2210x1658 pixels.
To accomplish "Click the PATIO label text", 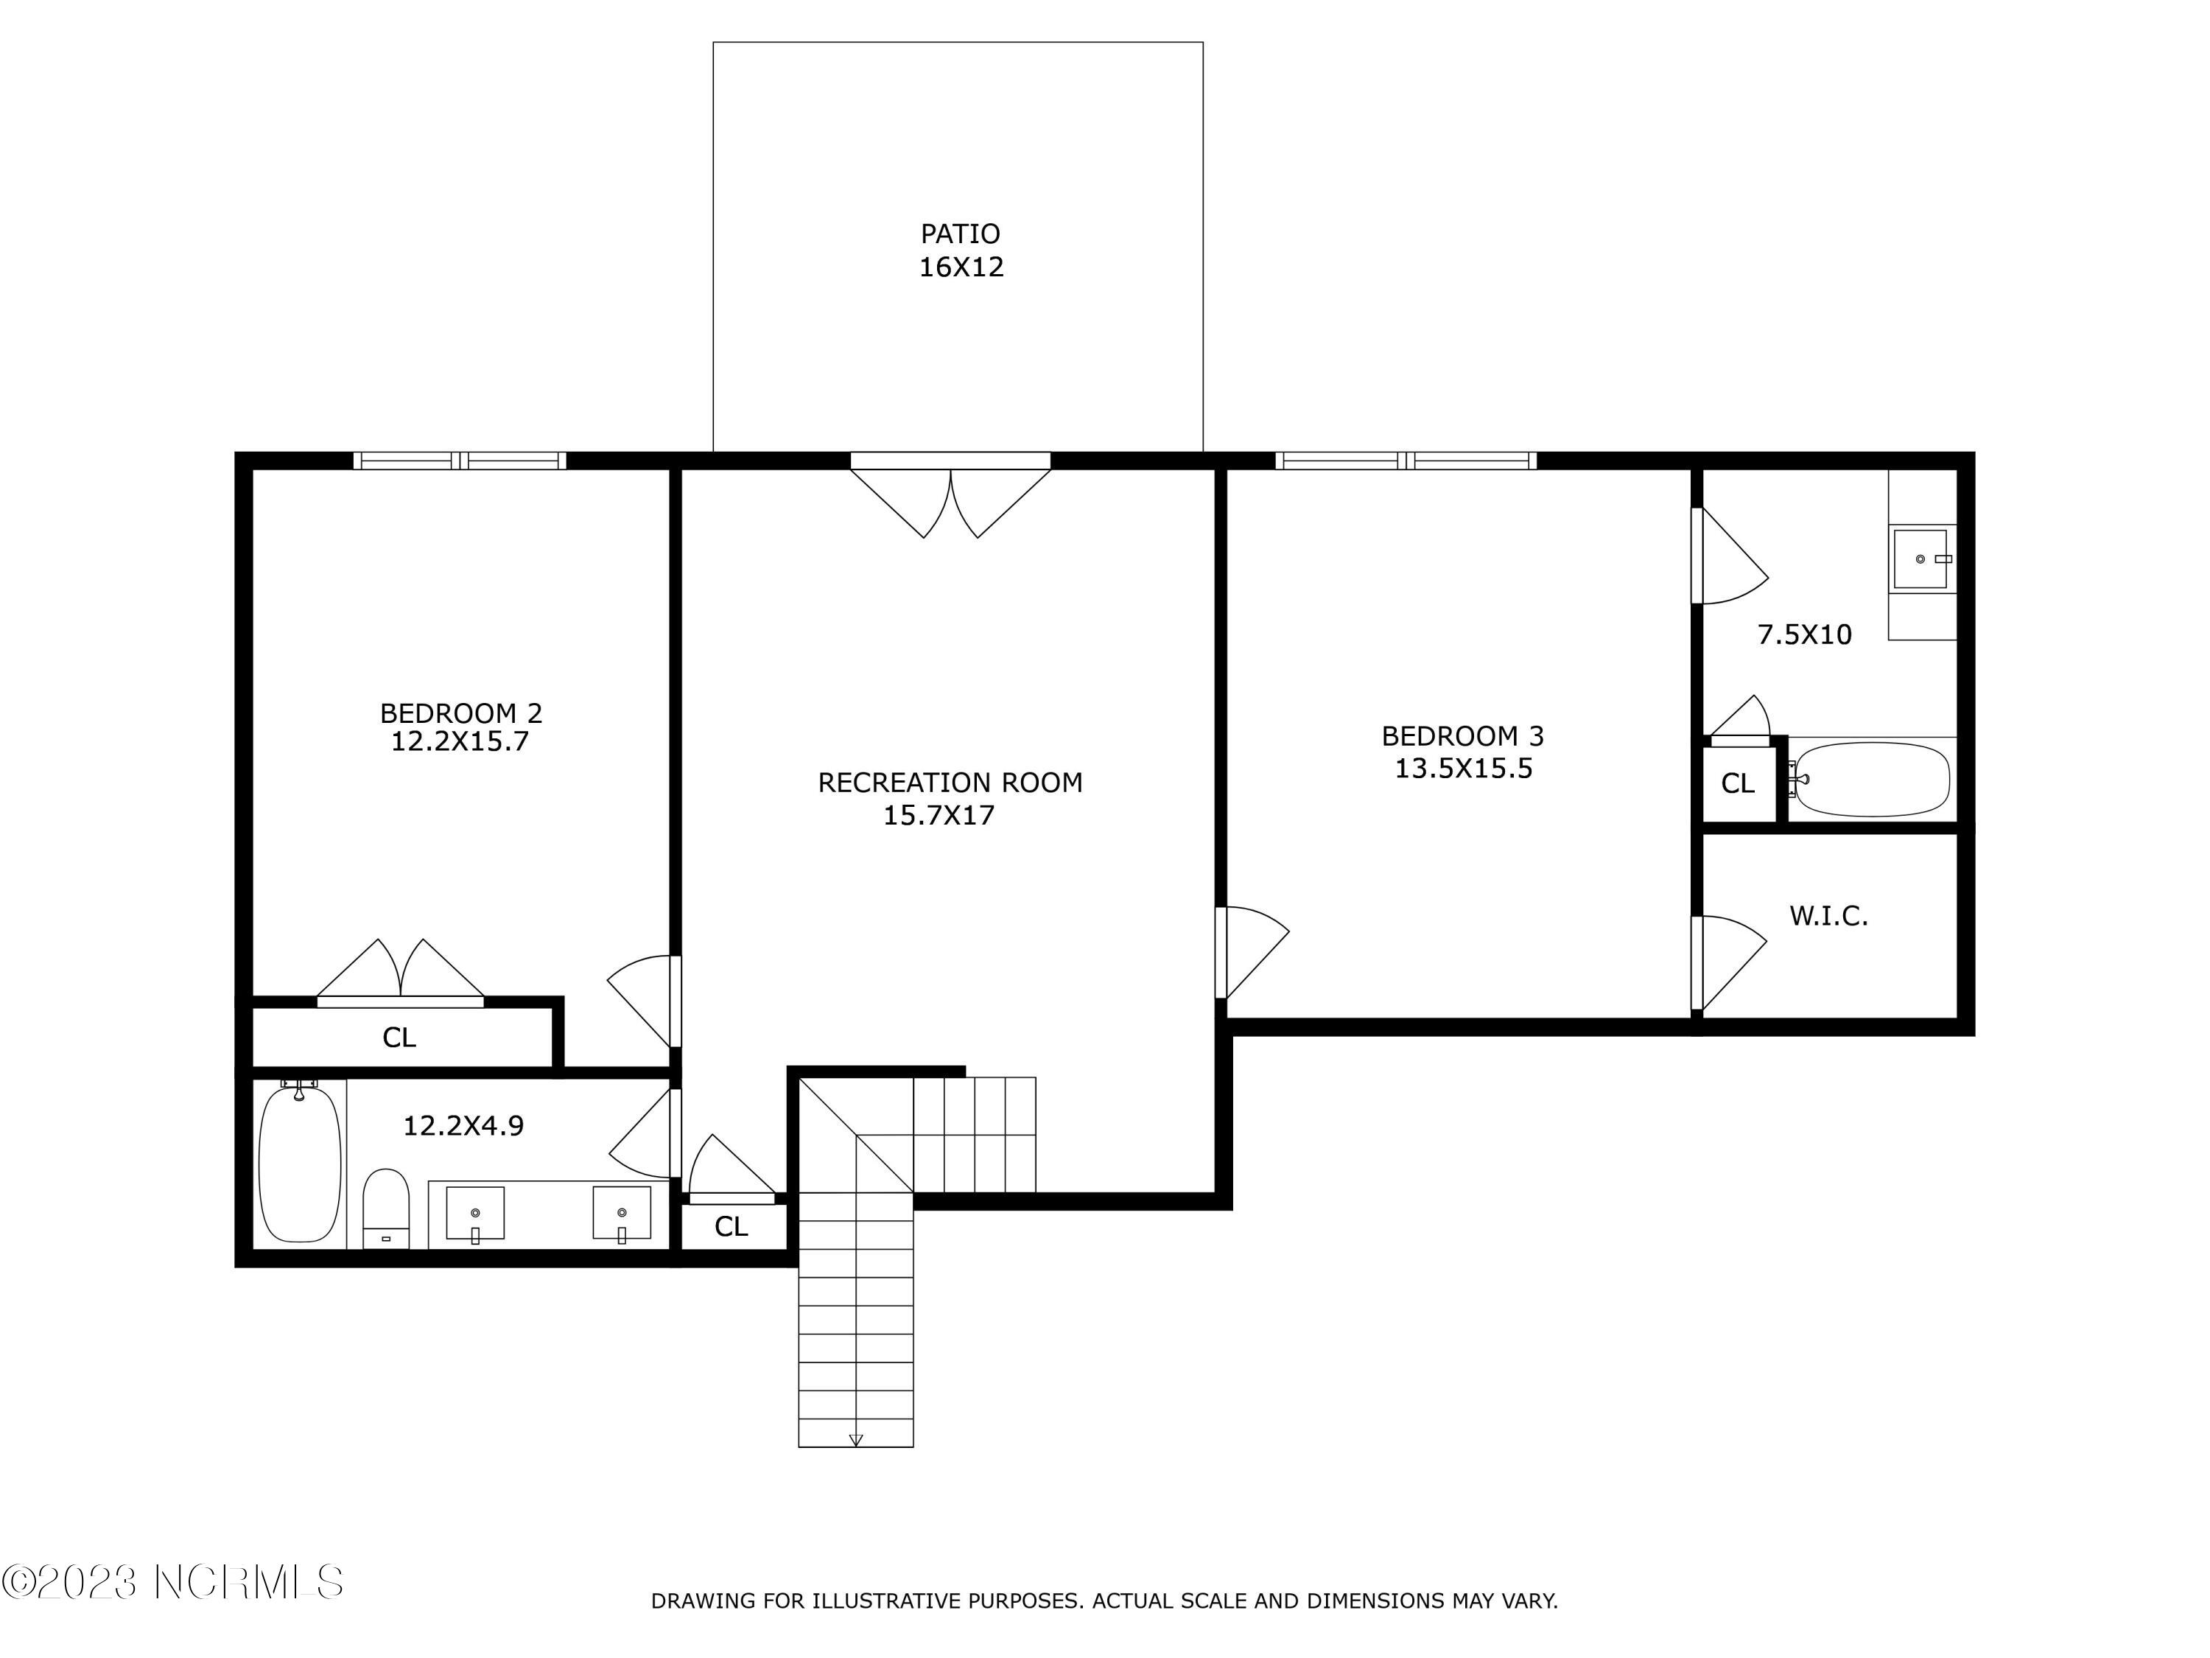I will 959,234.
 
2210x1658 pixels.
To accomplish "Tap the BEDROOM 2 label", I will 460,713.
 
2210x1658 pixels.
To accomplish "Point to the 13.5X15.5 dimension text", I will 1463,769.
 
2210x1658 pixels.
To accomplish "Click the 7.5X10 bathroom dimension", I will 1803,634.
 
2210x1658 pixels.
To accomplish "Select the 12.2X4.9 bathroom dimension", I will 463,1126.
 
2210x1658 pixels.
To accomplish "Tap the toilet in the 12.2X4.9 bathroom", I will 386,1208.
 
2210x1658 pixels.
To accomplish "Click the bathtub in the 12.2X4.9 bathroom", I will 299,1164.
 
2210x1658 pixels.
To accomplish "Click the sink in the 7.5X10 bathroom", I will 1920,559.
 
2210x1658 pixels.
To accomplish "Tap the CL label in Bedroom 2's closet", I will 399,1038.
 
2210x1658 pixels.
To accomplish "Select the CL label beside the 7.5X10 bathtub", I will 1737,783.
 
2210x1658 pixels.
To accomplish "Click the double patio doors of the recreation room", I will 950,500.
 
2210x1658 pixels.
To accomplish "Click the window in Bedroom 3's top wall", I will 1406,461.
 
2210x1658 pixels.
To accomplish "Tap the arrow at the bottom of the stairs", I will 855,1440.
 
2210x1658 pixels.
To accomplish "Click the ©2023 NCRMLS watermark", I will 173,1582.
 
